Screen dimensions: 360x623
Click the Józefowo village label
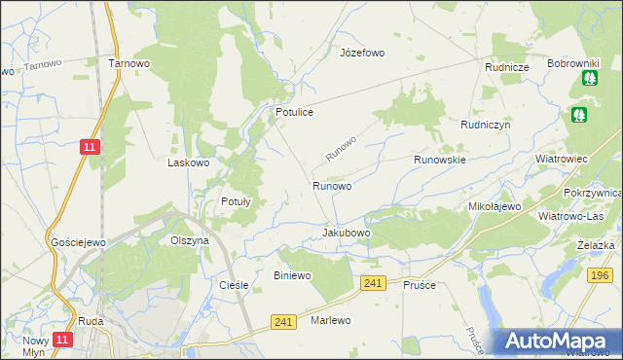click(x=362, y=52)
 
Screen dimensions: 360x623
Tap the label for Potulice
click(x=293, y=113)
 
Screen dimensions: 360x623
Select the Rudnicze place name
click(x=507, y=67)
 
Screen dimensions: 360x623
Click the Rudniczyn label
click(x=486, y=126)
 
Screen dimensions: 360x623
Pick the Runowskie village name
click(x=440, y=159)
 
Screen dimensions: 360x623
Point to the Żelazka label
click(x=595, y=245)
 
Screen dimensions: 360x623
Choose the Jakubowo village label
click(x=347, y=234)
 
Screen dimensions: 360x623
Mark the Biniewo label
click(x=292, y=276)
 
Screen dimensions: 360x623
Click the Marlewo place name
click(x=330, y=320)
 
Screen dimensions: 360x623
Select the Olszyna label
click(x=190, y=240)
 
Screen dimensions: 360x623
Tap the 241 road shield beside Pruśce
click(x=371, y=282)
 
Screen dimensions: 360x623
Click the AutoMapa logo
click(x=559, y=342)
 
